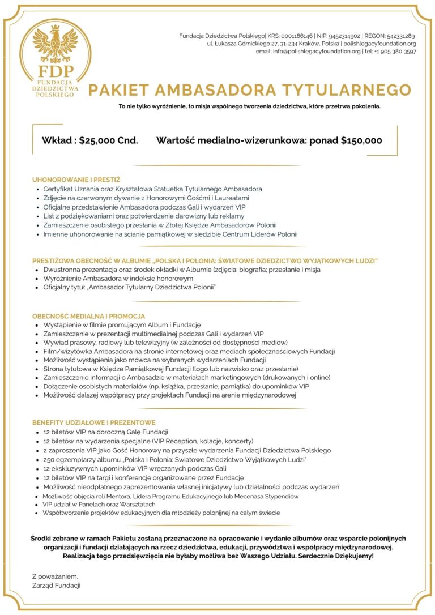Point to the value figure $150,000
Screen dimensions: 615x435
point(361,140)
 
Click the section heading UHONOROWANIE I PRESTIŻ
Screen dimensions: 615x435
point(76,180)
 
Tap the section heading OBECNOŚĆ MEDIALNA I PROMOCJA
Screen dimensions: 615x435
point(88,315)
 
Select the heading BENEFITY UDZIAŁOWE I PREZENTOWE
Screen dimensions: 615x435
point(93,422)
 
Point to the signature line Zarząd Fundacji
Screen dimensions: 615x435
point(56,585)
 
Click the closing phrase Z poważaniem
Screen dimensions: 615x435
point(55,576)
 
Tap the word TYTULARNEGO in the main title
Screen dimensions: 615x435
point(347,90)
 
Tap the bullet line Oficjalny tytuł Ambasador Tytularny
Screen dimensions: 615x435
point(130,288)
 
